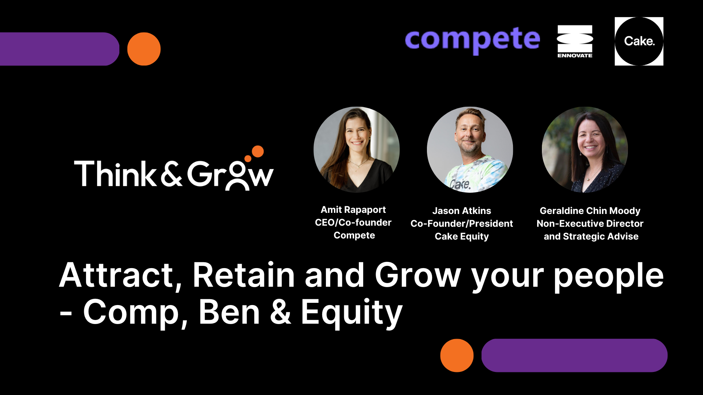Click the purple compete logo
[x=472, y=40]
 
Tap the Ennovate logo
[x=575, y=41]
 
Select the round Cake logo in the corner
[x=639, y=41]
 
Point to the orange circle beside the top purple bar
[x=144, y=49]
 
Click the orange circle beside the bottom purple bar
[x=457, y=355]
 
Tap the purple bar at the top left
[x=59, y=49]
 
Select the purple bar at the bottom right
[x=574, y=355]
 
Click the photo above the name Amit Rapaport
[x=357, y=150]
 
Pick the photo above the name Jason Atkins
[x=470, y=150]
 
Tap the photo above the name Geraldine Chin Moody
[x=585, y=150]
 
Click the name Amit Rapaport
[x=353, y=210]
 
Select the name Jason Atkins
[x=462, y=211]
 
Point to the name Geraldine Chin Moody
[x=590, y=211]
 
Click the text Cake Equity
[x=462, y=237]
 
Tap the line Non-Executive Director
[x=590, y=223]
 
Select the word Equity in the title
[x=352, y=313]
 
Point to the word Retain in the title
[x=244, y=275]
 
